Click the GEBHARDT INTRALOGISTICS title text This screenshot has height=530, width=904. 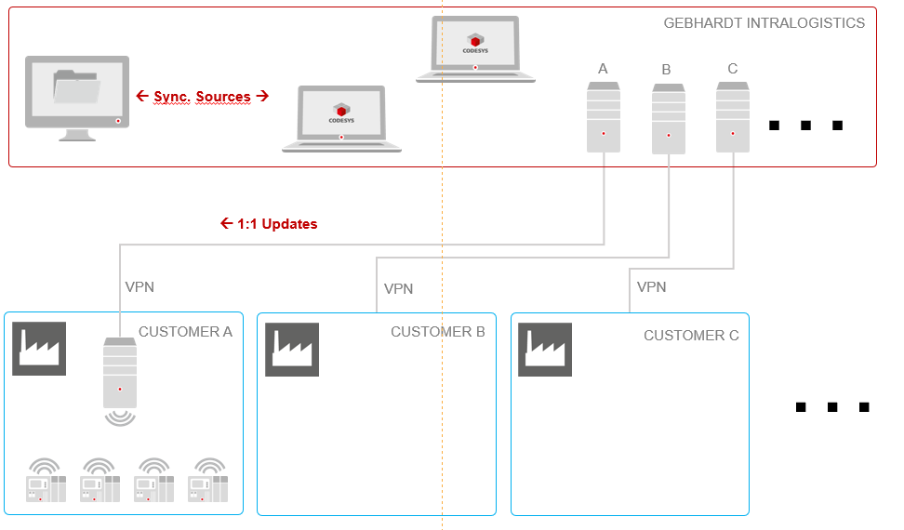pos(764,23)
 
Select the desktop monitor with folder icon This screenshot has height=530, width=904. pos(77,98)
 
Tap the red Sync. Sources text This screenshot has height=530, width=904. pos(203,96)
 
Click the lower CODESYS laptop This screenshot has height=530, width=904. pos(341,119)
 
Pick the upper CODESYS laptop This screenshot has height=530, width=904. pos(475,49)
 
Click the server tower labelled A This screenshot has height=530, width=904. pos(604,117)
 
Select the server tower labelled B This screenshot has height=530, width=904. pos(669,119)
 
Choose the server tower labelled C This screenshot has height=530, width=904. pos(733,117)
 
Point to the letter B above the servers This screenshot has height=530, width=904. pos(666,70)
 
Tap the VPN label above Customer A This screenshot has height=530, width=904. pos(140,287)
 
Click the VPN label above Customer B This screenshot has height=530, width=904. pos(398,288)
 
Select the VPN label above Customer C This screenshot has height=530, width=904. pos(651,287)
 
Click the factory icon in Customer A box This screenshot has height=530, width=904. pos(39,349)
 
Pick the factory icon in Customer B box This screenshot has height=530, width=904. pos(292,350)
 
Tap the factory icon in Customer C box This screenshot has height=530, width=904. pos(545,350)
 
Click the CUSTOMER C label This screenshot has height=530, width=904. pos(691,336)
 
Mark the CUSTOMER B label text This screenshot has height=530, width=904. pos(438,332)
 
